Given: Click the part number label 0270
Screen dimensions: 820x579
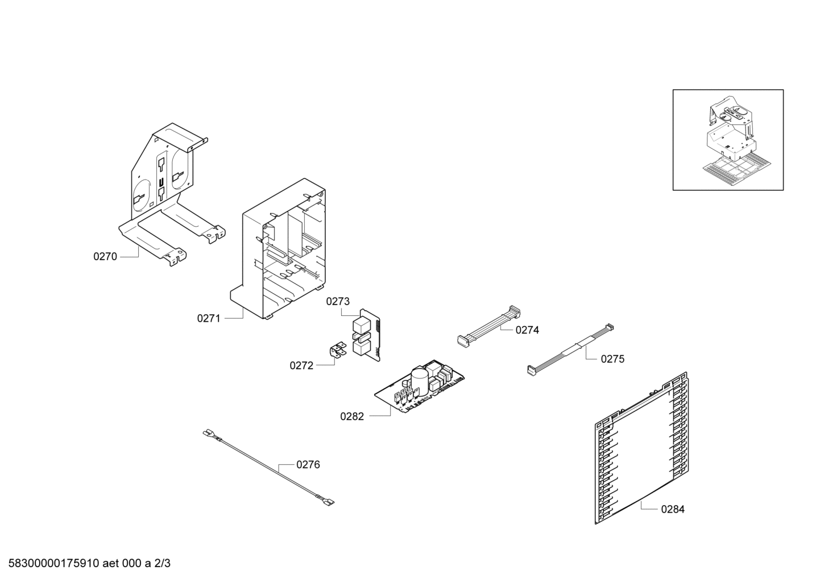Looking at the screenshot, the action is [105, 257].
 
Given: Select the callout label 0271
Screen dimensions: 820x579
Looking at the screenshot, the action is [209, 319].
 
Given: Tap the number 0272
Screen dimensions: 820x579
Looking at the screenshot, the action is [301, 366].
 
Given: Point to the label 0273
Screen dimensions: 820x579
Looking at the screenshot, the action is [338, 301].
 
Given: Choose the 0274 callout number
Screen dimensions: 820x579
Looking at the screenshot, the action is [527, 330].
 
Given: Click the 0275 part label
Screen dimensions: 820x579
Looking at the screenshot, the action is [612, 359].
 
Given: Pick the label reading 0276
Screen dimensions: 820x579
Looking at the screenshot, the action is [308, 465].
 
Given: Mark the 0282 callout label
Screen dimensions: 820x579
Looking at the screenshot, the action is [352, 416].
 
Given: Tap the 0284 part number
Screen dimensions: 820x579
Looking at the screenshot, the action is [673, 510].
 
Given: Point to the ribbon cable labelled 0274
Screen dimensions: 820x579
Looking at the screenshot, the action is [488, 327].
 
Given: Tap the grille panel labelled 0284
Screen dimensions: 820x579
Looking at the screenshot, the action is [641, 448].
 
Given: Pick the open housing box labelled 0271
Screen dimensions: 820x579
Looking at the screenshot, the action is [278, 249].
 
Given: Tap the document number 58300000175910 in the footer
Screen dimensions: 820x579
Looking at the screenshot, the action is [53, 564].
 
